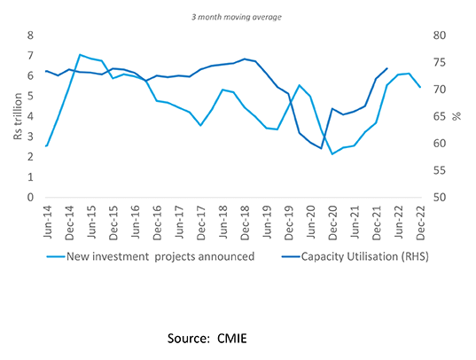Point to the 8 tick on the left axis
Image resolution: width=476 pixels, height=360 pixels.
[x=31, y=35]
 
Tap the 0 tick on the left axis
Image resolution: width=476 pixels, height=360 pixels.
[x=31, y=198]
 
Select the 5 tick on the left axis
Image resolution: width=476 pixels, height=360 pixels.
[x=31, y=97]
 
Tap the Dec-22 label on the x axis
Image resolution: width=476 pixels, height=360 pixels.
[x=419, y=219]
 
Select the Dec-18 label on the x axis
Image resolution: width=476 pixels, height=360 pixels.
[x=244, y=219]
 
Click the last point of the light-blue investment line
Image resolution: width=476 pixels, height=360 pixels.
[x=419, y=87]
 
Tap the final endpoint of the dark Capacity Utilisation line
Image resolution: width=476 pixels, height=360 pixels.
[x=386, y=68]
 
